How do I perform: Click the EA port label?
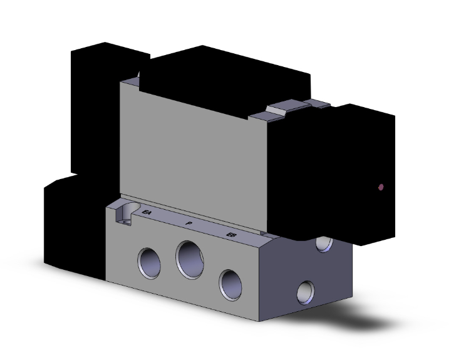(147, 213)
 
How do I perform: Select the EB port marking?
(231, 235)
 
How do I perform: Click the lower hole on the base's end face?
(306, 290)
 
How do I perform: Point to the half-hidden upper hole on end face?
(324, 244)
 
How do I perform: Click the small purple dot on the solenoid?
(381, 187)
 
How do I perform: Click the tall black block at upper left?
(94, 106)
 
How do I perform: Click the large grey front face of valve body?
(194, 150)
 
